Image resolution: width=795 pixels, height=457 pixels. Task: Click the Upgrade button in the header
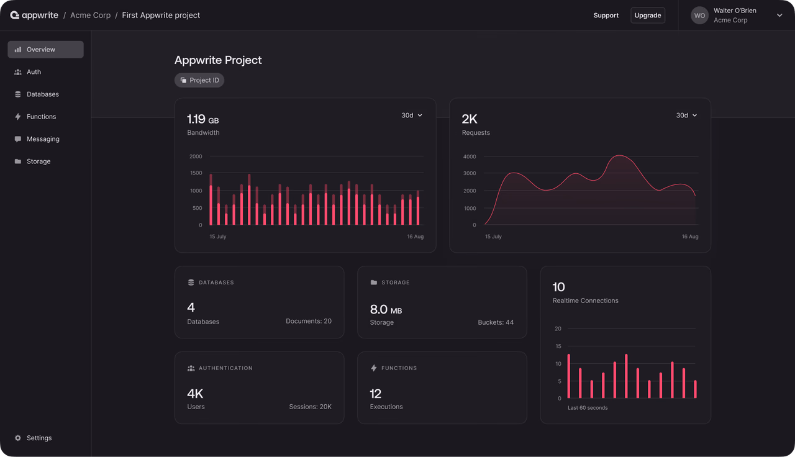(648, 16)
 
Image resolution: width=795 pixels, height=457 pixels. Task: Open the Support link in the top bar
(606, 16)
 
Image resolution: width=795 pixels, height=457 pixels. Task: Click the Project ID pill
(199, 80)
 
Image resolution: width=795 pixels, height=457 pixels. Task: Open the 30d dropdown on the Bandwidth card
(412, 115)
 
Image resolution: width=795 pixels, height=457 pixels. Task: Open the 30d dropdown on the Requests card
(686, 115)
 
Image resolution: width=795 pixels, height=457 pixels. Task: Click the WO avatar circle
(699, 16)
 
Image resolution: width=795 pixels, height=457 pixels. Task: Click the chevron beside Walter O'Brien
(779, 16)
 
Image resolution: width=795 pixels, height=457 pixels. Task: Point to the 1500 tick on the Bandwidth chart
(196, 173)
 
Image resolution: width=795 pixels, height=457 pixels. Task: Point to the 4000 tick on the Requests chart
(470, 156)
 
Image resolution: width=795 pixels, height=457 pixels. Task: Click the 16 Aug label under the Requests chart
(690, 237)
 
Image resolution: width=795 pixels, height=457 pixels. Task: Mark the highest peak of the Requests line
(619, 155)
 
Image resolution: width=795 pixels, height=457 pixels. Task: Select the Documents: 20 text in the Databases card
(309, 321)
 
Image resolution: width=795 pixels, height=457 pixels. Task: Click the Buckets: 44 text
(496, 322)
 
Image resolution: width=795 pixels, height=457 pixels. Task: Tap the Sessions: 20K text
(310, 407)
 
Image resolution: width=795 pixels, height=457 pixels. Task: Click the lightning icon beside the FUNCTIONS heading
(374, 368)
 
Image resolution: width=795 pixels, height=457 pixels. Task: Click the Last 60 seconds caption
(588, 408)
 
